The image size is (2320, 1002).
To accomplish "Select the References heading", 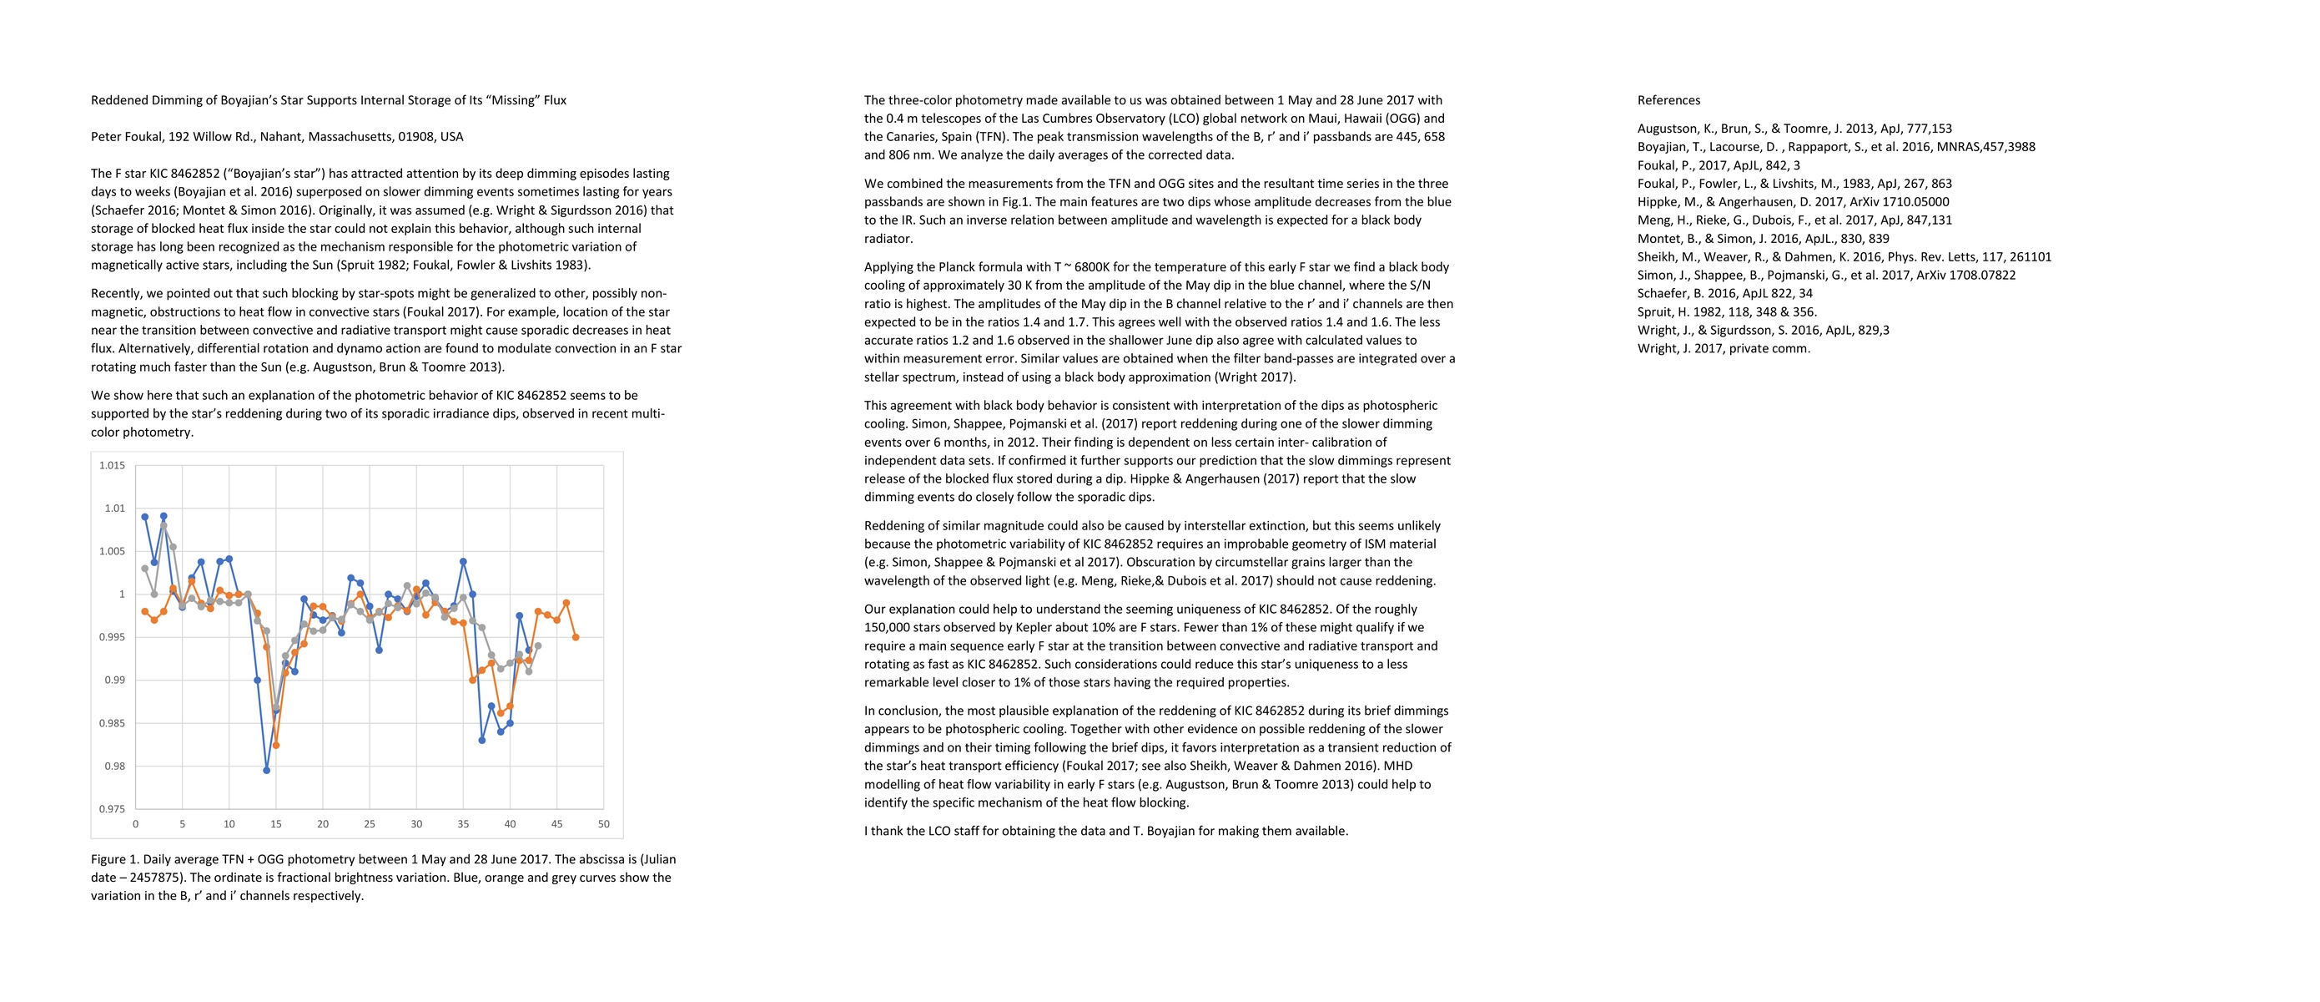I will (1668, 100).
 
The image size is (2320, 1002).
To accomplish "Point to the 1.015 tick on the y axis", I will (112, 466).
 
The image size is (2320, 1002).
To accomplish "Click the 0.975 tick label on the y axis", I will (112, 809).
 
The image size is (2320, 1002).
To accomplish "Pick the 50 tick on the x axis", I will (603, 823).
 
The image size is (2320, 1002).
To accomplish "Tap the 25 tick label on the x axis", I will (370, 823).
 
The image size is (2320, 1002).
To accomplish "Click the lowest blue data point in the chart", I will (267, 771).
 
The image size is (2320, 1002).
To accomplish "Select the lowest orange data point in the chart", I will (275, 745).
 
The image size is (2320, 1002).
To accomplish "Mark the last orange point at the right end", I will (576, 637).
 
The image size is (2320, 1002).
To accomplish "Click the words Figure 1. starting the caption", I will (114, 859).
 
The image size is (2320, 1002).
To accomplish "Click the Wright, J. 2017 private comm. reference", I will (1723, 349).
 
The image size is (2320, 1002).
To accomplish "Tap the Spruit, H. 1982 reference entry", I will (1727, 311).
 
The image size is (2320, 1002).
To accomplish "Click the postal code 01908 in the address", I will (416, 137).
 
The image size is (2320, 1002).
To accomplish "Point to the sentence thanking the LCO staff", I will (1106, 831).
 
